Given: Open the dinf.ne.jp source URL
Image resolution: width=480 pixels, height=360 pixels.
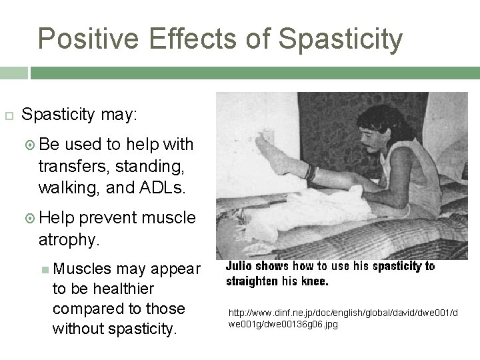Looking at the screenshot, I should (343, 317).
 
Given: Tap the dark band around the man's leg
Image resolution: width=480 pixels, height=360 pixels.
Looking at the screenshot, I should (309, 172).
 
